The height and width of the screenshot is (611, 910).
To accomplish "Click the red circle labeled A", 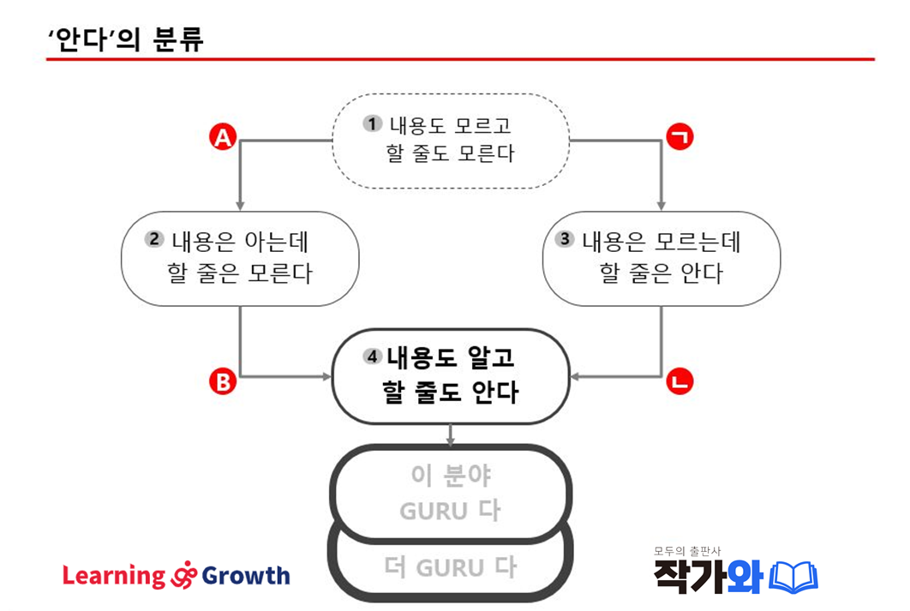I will [x=224, y=137].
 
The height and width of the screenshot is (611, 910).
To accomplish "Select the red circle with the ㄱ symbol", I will [x=680, y=137].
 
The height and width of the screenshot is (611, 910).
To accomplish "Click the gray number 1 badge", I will [x=372, y=123].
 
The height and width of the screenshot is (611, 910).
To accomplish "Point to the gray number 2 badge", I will [x=155, y=239].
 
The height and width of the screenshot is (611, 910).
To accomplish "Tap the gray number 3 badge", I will [x=564, y=239].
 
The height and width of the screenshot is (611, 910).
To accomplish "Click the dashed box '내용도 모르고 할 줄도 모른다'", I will [x=451, y=141].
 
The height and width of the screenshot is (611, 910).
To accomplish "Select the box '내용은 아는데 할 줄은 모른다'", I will [x=240, y=259].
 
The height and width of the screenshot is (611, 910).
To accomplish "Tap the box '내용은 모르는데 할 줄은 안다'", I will [x=662, y=259].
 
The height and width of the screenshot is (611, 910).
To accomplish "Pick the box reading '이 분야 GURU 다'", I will [x=451, y=493].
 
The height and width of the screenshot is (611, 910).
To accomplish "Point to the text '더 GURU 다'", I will [x=451, y=567].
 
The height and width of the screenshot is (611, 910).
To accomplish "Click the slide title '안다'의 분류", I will [x=126, y=39].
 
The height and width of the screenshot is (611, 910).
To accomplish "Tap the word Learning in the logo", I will [x=113, y=576].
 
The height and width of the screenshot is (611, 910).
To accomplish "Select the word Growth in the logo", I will [x=247, y=576].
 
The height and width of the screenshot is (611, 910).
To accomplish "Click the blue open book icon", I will [x=793, y=577].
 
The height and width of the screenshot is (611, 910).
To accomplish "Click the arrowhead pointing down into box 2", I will [x=240, y=206].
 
